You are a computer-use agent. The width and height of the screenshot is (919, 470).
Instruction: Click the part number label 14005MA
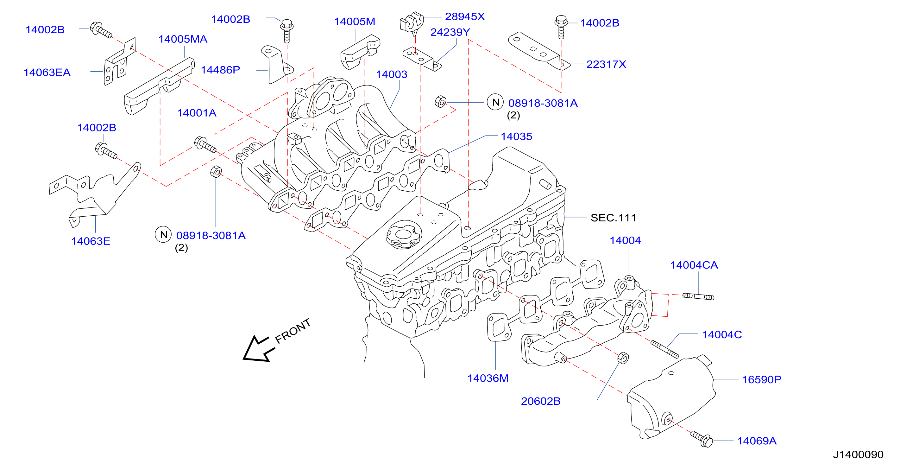click(183, 39)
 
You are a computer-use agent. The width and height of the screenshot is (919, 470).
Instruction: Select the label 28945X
click(465, 16)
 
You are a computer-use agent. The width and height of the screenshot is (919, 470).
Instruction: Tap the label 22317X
click(606, 64)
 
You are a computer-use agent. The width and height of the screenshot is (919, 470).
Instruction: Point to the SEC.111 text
click(613, 218)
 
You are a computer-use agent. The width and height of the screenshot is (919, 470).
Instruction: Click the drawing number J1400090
click(858, 454)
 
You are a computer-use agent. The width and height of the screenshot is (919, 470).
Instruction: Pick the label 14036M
click(488, 378)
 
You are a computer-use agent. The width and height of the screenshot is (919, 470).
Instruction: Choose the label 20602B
click(540, 401)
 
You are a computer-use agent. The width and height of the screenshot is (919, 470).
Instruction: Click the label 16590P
click(761, 379)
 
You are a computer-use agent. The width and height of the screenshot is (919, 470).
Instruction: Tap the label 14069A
click(757, 441)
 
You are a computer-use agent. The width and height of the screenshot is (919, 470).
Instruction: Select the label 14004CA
click(694, 265)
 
